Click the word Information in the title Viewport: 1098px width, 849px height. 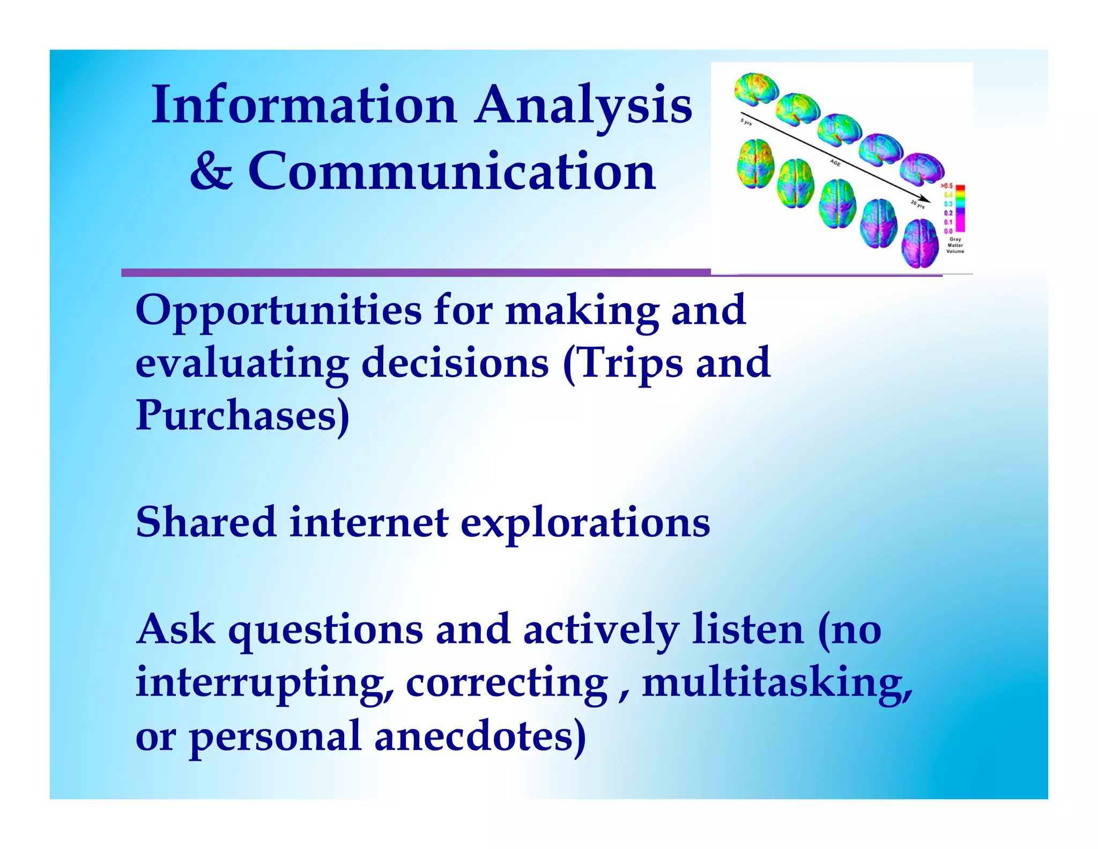coord(303,105)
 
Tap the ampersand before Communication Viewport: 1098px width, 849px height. coord(211,172)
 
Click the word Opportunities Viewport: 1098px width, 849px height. coord(278,312)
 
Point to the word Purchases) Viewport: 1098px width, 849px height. coord(242,416)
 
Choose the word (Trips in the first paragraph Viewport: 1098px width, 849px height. coord(622,363)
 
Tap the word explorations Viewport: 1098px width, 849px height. coord(585,524)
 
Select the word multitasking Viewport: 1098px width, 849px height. coord(777,684)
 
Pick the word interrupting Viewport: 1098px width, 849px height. coord(264,684)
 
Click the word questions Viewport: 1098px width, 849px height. coord(325,631)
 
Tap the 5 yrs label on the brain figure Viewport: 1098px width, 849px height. coord(746,122)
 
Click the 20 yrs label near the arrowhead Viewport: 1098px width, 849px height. coord(917,204)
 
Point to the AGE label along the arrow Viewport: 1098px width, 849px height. coord(835,162)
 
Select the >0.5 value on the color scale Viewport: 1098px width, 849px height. coord(947,186)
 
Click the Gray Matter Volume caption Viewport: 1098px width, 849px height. coord(955,245)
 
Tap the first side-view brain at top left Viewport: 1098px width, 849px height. coord(756,89)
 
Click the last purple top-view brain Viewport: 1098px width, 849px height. coord(921,244)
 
